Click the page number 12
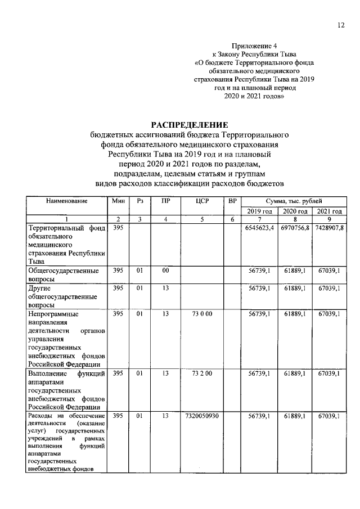[340, 24]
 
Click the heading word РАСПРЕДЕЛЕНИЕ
[188, 124]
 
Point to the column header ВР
[231, 201]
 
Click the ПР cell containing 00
[165, 271]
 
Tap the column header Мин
[118, 201]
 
